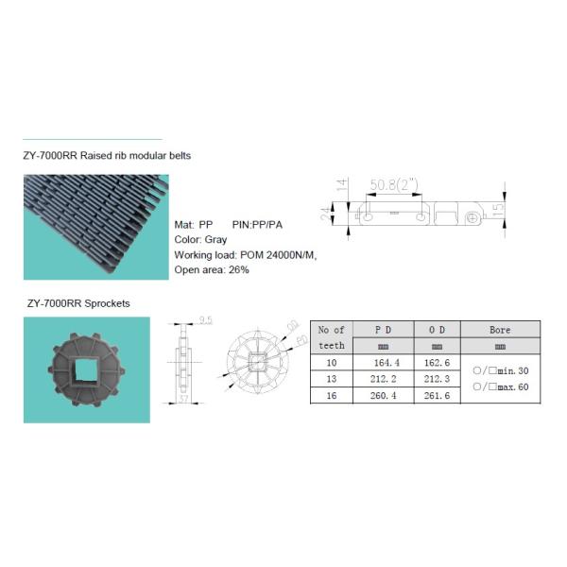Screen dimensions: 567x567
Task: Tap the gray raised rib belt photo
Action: coord(95,227)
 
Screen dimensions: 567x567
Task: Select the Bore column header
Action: coord(501,330)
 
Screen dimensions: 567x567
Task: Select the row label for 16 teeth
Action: coord(332,396)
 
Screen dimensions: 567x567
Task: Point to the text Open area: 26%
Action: coord(212,270)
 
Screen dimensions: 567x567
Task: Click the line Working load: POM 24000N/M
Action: coord(245,255)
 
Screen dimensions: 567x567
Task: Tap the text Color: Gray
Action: coord(201,240)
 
